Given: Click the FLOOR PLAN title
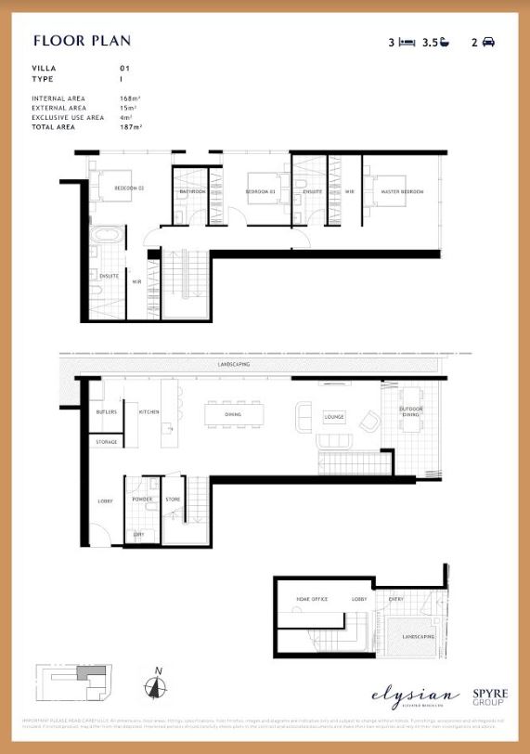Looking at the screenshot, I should tap(82, 41).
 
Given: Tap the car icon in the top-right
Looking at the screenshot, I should tap(488, 42).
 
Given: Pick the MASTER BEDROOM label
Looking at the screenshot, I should tap(402, 191).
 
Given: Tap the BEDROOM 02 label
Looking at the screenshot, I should tap(129, 188).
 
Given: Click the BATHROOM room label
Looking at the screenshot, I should tap(193, 191).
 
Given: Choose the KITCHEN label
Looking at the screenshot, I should tap(149, 411).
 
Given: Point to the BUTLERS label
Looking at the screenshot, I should tap(106, 411).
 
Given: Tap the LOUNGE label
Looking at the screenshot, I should tap(334, 417).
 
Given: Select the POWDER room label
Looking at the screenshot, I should tap(142, 499).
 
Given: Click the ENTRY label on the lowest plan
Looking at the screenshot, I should tap(395, 600).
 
